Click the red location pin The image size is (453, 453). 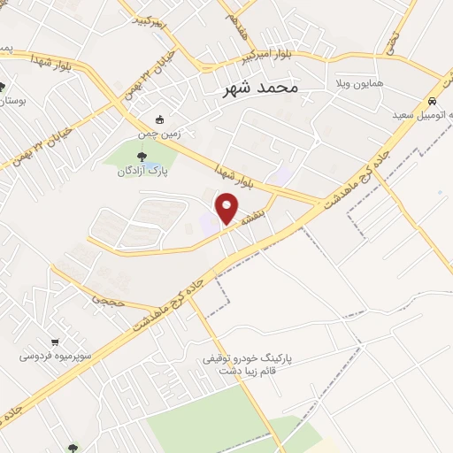point(227,208)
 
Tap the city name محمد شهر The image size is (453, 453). point(257,88)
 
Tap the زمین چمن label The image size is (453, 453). point(158,134)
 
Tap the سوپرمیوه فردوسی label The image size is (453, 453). point(57,357)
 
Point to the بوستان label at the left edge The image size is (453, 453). point(11,102)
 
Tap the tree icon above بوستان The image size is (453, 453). point(3,87)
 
